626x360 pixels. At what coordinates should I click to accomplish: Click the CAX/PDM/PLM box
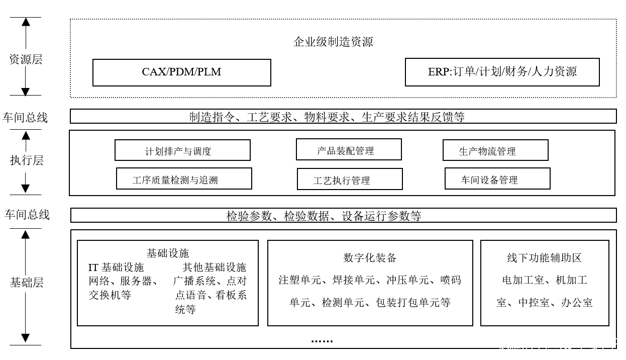tap(181, 72)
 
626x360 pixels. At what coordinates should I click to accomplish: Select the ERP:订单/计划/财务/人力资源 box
tap(502, 72)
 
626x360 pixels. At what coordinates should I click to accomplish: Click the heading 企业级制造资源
tap(333, 42)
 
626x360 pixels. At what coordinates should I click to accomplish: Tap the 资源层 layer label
tap(26, 59)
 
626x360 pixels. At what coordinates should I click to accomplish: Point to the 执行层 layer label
tap(27, 160)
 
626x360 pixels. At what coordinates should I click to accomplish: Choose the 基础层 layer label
tap(27, 283)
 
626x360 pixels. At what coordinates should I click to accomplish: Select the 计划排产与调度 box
tap(182, 150)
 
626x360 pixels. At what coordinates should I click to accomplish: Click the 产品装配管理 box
tap(349, 150)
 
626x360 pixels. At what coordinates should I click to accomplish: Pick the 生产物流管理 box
tap(495, 150)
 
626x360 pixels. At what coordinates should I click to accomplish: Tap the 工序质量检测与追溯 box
tap(184, 179)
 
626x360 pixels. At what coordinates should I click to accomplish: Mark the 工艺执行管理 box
tap(350, 179)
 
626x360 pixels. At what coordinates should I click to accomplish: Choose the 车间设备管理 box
tap(497, 179)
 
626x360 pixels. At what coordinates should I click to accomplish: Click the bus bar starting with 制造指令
tap(343, 117)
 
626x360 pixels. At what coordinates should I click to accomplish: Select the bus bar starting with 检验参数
tap(343, 216)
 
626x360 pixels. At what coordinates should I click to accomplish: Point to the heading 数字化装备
tap(370, 258)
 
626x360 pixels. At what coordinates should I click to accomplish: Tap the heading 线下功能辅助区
tap(544, 258)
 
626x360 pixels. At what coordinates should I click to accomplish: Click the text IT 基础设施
tap(116, 267)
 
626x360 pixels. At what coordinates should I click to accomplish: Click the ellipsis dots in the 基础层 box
tap(322, 341)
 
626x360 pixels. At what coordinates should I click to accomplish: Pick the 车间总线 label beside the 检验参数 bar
tap(27, 215)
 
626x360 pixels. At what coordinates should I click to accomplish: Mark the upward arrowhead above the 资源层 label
tap(26, 22)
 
